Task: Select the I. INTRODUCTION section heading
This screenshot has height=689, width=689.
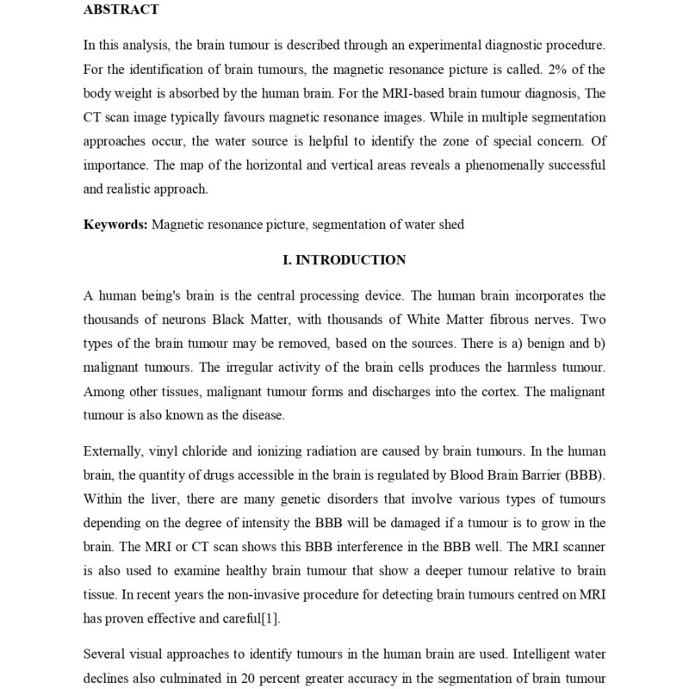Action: (344, 259)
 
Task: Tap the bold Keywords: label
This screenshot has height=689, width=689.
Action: (115, 225)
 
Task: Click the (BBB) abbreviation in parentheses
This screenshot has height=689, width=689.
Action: (587, 475)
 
